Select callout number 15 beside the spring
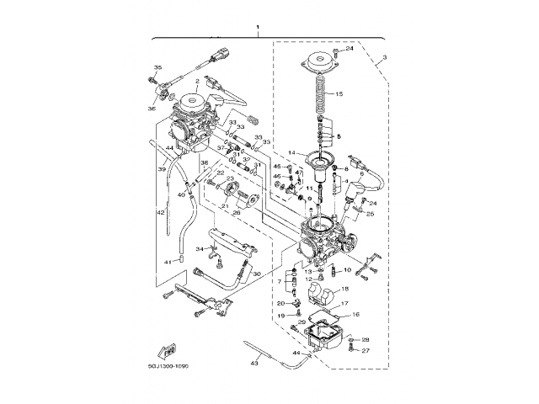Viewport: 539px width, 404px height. [339, 94]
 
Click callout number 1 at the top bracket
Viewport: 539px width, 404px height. [259, 28]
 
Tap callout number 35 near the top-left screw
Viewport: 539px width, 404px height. [157, 67]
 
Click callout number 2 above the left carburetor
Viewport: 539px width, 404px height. [196, 82]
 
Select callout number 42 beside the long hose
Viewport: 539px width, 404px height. [160, 213]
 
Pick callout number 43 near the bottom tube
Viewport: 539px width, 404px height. [254, 363]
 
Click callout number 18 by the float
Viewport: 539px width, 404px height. [344, 289]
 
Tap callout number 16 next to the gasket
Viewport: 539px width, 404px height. [355, 314]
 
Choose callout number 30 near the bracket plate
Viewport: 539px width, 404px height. [258, 274]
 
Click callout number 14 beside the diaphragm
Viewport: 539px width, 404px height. [289, 152]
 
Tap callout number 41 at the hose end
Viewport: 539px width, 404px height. [168, 262]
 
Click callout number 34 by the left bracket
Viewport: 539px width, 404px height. [200, 249]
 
